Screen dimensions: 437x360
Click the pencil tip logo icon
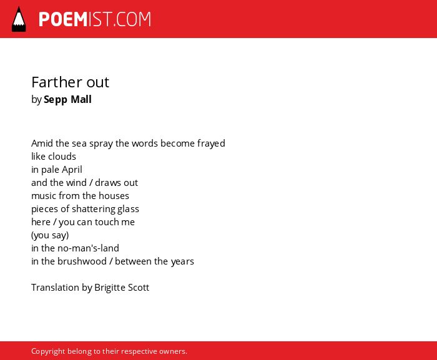(x=19, y=19)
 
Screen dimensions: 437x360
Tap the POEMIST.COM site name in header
(x=95, y=19)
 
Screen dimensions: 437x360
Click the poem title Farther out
(x=70, y=82)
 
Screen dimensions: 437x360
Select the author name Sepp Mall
(x=67, y=99)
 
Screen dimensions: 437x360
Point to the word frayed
(x=211, y=144)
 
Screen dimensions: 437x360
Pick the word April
(x=72, y=170)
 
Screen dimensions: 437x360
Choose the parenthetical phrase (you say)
(x=50, y=235)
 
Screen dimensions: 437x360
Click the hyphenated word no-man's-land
(x=88, y=248)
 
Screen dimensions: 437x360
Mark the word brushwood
(x=82, y=261)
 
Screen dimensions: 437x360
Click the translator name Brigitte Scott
(x=122, y=288)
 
